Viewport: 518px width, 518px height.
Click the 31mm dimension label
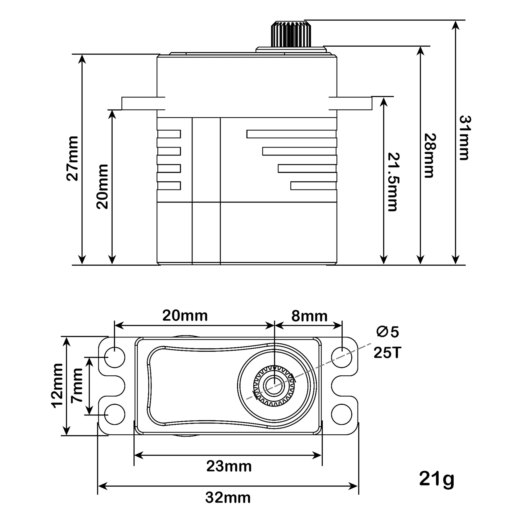(x=464, y=138)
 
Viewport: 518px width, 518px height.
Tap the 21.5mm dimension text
(x=393, y=182)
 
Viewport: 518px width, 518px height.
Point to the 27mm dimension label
(x=72, y=158)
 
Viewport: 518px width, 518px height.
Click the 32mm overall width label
(x=228, y=498)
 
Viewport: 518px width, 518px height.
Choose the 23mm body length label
(x=229, y=466)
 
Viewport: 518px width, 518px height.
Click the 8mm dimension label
(x=309, y=316)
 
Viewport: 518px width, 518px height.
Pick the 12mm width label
(x=57, y=386)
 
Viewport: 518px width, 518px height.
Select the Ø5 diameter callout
(x=387, y=332)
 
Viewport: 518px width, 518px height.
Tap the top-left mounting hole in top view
(x=114, y=357)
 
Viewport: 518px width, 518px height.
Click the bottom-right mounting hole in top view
(x=342, y=414)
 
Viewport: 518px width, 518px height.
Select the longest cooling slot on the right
(x=291, y=134)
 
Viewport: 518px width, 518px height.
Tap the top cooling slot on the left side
(x=169, y=134)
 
